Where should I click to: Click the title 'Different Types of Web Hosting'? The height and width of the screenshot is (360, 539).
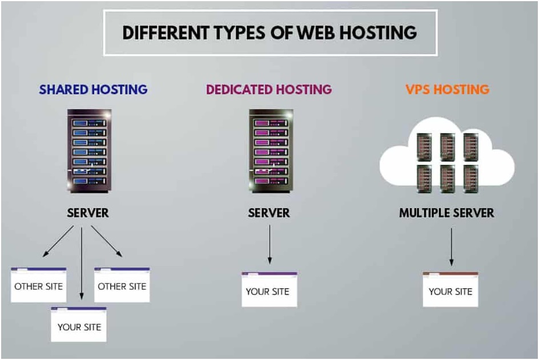[x=269, y=32]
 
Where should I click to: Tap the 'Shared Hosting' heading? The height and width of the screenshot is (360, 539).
[x=93, y=90]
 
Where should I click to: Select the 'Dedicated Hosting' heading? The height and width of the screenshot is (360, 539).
[x=269, y=90]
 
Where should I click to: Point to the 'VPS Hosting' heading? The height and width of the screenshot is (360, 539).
[x=447, y=90]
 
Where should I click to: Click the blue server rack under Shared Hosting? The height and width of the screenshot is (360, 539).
[x=89, y=150]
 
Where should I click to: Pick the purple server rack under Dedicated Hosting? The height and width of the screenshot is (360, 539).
[x=271, y=150]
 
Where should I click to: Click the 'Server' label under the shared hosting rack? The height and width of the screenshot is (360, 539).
[x=88, y=213]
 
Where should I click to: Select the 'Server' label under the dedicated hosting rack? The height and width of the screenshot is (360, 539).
[x=269, y=213]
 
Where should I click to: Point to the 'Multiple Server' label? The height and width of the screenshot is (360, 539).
[x=447, y=213]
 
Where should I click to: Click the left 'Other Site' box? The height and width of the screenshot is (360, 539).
[x=39, y=285]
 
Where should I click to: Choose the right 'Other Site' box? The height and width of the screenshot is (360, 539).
[x=122, y=285]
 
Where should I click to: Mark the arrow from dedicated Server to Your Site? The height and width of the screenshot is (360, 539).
[x=269, y=245]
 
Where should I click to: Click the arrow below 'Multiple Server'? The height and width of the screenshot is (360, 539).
[x=451, y=246]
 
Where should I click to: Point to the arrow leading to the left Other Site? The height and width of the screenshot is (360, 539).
[x=58, y=240]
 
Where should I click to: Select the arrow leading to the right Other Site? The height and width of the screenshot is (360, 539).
[x=106, y=240]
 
